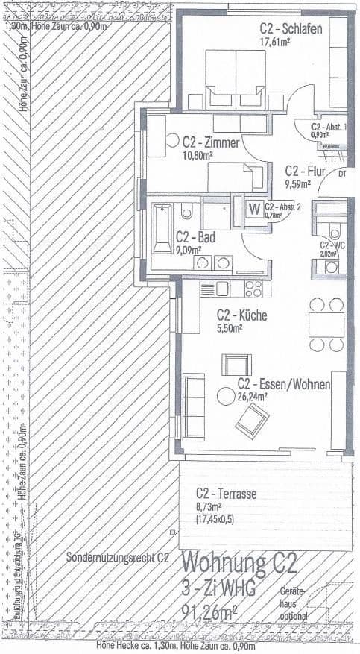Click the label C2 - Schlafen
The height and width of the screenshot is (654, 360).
click(291, 28)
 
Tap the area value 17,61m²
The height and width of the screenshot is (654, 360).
click(274, 42)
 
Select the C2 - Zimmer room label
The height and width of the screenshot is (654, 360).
click(209, 142)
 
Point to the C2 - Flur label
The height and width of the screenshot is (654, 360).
click(302, 169)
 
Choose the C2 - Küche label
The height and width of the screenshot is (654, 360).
click(241, 315)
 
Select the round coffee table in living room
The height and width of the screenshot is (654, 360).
click(223, 395)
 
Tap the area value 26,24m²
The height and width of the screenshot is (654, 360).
click(252, 397)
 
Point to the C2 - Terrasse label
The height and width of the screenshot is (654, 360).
click(226, 494)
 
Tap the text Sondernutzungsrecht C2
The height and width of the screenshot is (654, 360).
click(117, 557)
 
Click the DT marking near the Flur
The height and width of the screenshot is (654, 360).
click(341, 174)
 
